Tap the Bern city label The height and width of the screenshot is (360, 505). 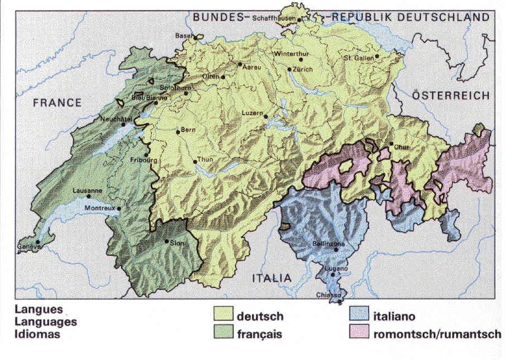tap(188, 130)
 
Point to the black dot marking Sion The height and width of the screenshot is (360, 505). tap(166, 241)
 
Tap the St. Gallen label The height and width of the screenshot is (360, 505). tap(358, 57)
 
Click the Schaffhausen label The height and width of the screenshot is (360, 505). tap(274, 18)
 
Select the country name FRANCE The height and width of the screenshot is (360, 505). tap(57, 102)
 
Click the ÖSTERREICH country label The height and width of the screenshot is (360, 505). tap(451, 96)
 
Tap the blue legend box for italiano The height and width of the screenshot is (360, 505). tap(359, 316)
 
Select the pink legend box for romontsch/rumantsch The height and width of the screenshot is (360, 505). tap(359, 334)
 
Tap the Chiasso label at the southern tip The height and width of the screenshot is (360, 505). tap(327, 295)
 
